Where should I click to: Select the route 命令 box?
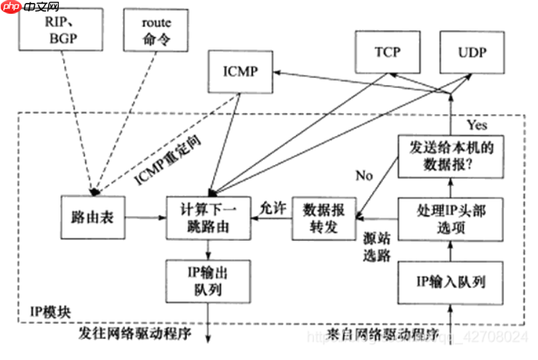pos(157,30)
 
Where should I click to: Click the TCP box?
pos(388,53)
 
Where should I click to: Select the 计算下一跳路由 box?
pos(208,217)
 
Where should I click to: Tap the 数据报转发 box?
pos(324,217)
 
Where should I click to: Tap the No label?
pos(364,175)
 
